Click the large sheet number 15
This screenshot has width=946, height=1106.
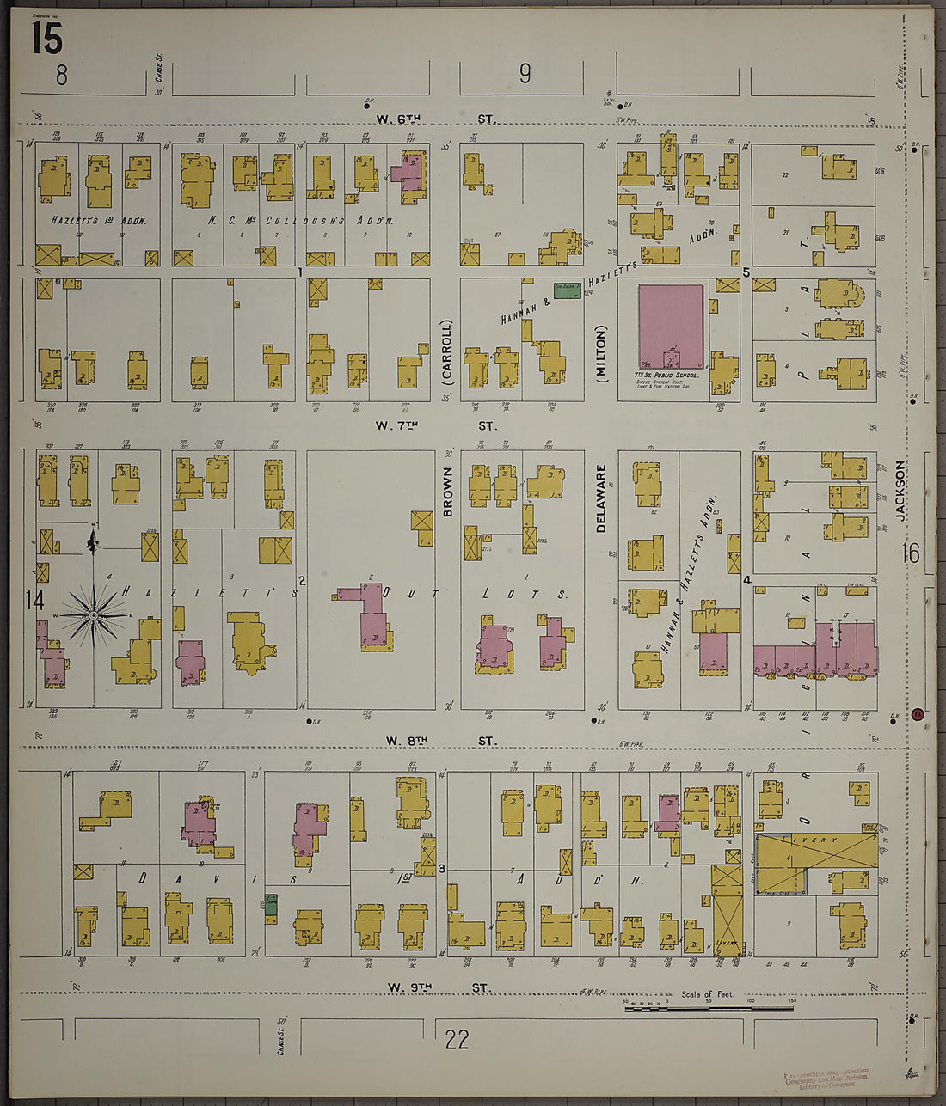[46, 38]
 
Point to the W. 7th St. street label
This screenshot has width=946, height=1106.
[435, 425]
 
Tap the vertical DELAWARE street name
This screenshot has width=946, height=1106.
[601, 498]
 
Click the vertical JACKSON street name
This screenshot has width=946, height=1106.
[900, 490]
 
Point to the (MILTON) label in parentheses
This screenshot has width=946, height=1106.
[600, 349]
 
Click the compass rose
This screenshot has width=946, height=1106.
[94, 614]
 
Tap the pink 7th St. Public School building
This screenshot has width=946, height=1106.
[671, 327]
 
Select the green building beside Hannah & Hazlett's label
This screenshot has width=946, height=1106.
[566, 290]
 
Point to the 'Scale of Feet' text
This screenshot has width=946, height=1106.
[707, 994]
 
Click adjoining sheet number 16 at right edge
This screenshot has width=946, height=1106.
[910, 553]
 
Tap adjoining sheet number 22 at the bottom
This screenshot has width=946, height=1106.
[457, 1040]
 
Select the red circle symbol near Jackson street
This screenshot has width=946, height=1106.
[918, 713]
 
